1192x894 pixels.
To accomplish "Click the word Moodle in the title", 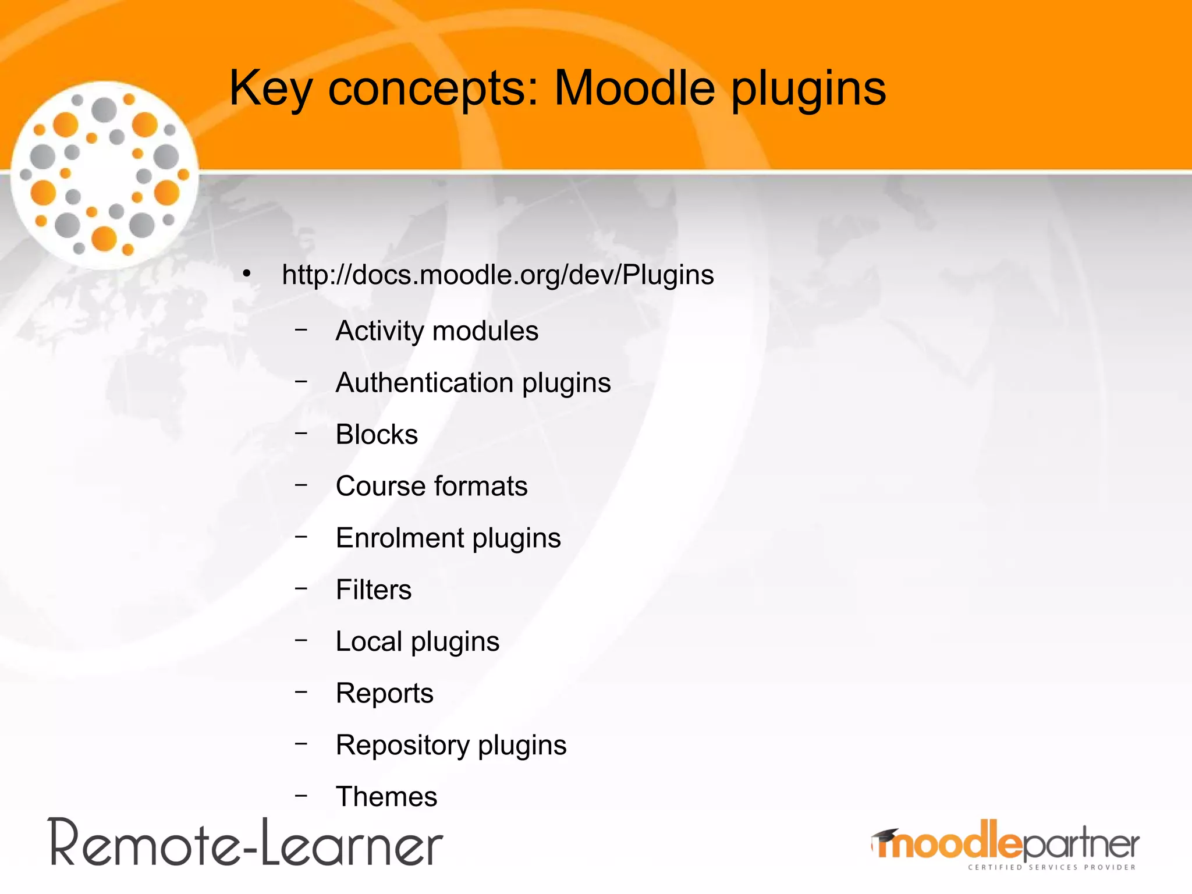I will click(634, 88).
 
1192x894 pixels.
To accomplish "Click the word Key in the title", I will click(271, 88).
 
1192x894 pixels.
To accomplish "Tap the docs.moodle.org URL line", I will click(498, 275).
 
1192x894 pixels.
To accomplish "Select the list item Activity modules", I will click(437, 331).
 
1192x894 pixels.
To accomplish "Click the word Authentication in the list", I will click(424, 383).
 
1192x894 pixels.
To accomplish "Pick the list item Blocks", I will click(377, 435).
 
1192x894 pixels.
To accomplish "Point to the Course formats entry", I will click(431, 486).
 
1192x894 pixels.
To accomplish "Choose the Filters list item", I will click(374, 590).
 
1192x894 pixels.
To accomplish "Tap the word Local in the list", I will click(369, 641).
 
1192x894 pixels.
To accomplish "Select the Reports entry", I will click(384, 693).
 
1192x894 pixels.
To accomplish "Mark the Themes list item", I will click(386, 797).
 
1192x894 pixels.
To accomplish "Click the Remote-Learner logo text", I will click(246, 844).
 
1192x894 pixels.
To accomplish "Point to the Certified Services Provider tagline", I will click(1052, 867).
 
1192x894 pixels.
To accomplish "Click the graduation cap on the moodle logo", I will click(885, 836).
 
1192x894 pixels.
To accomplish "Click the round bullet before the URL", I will click(247, 274).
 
